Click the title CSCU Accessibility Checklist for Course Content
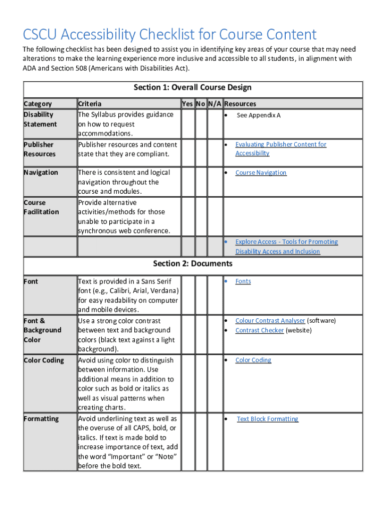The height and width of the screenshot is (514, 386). (169, 35)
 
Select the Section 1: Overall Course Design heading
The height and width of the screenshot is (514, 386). (192, 87)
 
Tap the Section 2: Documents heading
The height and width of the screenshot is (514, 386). (192, 264)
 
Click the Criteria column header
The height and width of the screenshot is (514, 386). (90, 104)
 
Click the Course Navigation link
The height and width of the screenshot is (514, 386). (261, 173)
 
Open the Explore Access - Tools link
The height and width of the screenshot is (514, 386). (286, 242)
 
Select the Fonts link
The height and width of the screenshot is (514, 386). (243, 282)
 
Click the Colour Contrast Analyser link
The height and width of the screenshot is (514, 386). (270, 321)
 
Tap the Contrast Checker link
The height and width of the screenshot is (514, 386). (259, 330)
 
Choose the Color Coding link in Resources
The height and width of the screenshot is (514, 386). (253, 360)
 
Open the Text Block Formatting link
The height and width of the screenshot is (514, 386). (267, 419)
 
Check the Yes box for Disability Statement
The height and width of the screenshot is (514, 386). (188, 123)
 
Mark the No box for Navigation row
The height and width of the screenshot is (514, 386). (201, 182)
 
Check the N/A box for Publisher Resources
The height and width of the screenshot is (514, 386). (215, 153)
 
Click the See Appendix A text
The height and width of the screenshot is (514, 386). (258, 115)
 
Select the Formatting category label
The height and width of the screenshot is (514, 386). (41, 419)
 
